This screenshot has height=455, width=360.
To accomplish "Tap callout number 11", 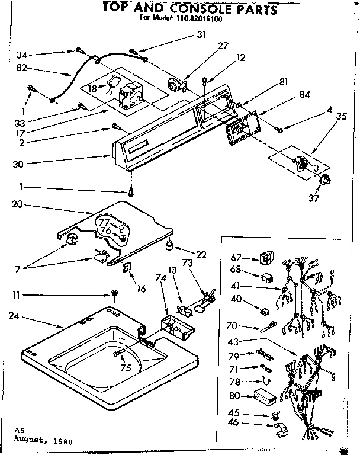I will [18, 294].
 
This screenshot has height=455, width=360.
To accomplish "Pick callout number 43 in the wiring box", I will [234, 341].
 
